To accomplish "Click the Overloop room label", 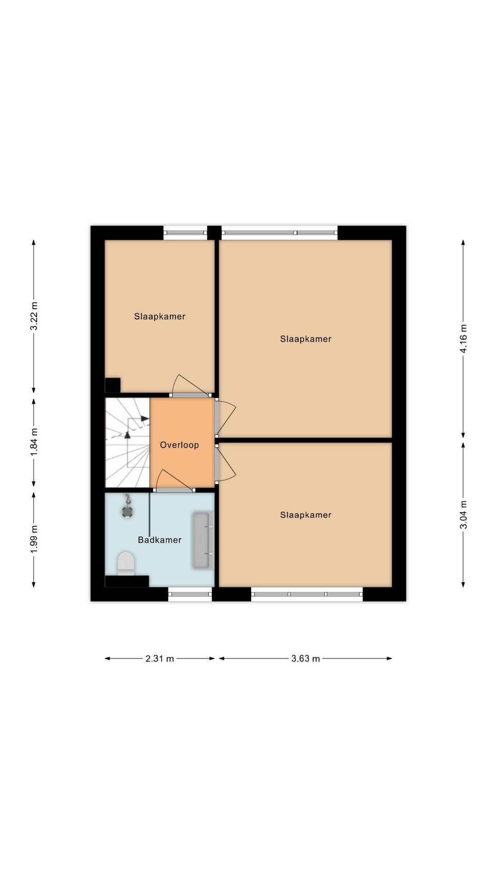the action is click(179, 445).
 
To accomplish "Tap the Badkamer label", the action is click(160, 540).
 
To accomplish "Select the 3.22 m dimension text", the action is click(34, 316).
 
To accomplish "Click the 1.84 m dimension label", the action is click(34, 442).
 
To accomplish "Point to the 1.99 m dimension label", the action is click(34, 539).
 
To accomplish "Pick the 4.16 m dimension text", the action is click(463, 339).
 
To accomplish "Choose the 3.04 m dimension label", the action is click(463, 515).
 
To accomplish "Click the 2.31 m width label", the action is click(160, 658).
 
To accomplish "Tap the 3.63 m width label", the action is click(306, 658).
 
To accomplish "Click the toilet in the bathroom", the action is click(126, 564).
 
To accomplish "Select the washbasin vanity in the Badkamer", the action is click(203, 540).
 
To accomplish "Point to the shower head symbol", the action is click(127, 508).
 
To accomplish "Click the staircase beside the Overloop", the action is click(127, 442).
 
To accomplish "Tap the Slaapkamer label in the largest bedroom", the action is click(306, 339).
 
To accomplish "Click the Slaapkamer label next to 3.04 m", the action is click(306, 515).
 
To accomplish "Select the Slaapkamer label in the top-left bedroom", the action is click(160, 316).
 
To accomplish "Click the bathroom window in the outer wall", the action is click(190, 594).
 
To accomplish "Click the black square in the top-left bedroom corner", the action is click(113, 385).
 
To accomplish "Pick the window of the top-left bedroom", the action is click(185, 233).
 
